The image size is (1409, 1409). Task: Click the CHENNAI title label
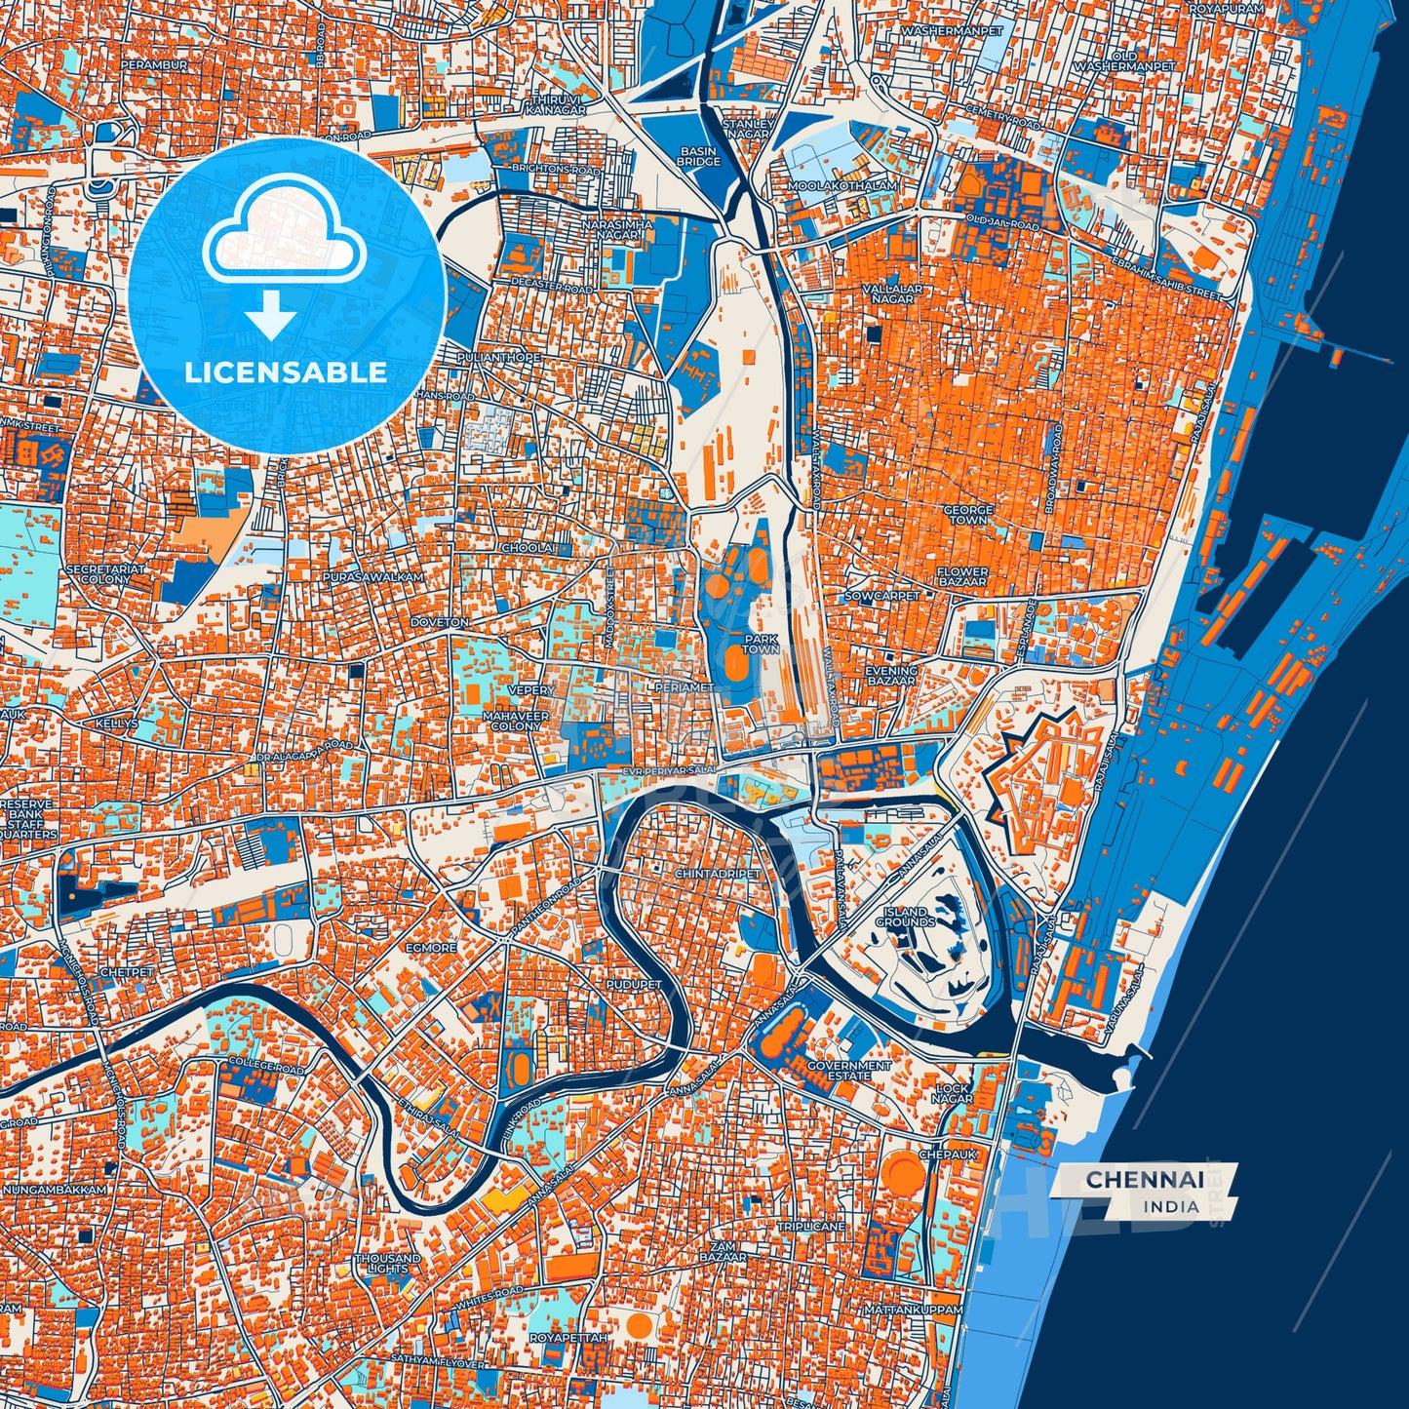click(x=1144, y=1179)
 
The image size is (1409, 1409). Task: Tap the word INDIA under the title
click(x=1171, y=1206)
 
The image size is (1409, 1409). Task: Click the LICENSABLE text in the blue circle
click(x=287, y=372)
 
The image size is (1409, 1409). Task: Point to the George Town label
click(x=967, y=515)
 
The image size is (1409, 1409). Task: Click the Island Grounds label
click(x=905, y=917)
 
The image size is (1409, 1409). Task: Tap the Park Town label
click(x=761, y=644)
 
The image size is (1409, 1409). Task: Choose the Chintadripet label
click(x=717, y=875)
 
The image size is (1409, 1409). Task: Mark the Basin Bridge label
click(x=698, y=156)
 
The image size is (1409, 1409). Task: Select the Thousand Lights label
click(x=388, y=1264)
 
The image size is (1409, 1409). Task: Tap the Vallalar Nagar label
click(x=887, y=294)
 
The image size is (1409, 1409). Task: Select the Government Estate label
click(x=848, y=1071)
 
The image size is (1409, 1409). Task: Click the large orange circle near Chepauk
click(x=904, y=1174)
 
